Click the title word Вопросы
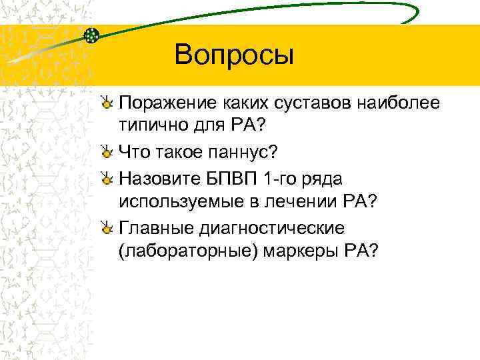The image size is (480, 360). point(233,55)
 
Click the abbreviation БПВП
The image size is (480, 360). point(237,179)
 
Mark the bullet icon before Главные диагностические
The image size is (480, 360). point(107,229)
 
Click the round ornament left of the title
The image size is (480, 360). point(92,35)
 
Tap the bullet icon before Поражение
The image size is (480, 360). point(107,103)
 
